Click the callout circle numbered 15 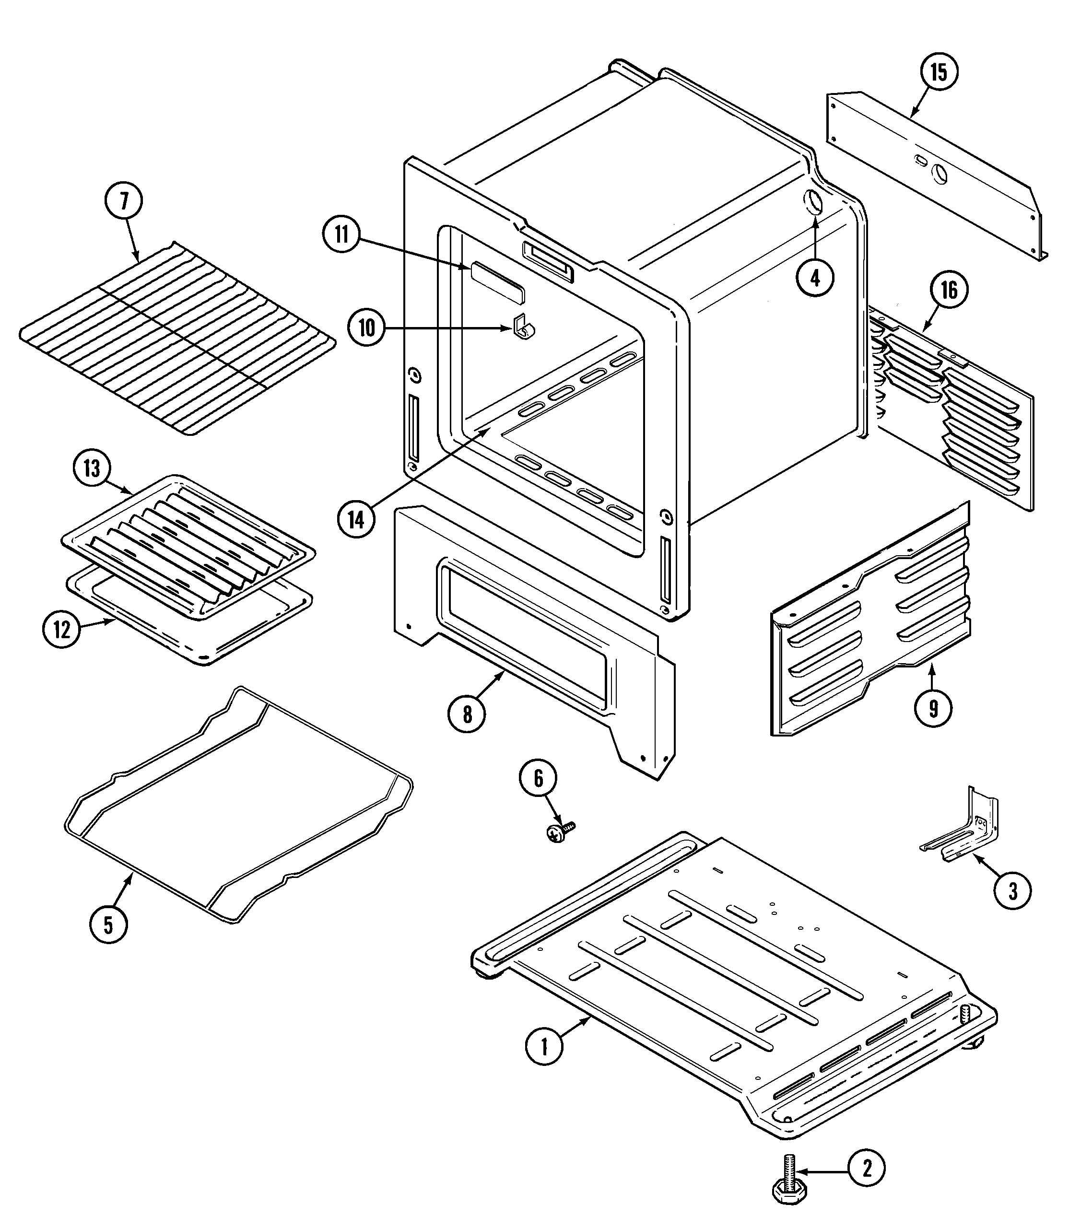pos(939,72)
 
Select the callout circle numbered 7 pos(124,201)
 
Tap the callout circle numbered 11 pos(341,235)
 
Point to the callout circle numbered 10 pos(367,327)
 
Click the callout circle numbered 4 pos(815,277)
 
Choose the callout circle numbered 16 pos(949,291)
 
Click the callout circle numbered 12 pos(62,630)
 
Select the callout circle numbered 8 pos(467,714)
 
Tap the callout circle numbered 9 pos(934,708)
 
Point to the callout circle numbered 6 pos(538,778)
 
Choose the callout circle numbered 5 pos(108,925)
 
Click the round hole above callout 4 pos(814,203)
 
